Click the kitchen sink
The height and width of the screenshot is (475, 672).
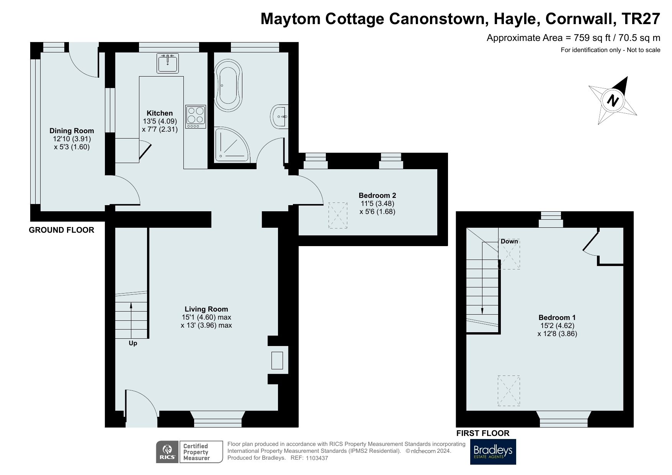point(167,63)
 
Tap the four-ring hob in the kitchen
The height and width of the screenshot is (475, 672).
point(196,116)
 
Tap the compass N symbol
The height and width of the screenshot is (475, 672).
point(613,100)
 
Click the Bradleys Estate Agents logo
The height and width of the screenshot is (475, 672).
point(493,452)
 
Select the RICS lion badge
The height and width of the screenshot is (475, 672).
point(167,452)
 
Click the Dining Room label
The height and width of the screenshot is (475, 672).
point(72,131)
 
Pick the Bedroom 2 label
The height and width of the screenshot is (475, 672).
point(377,195)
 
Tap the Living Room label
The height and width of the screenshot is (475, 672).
point(206,309)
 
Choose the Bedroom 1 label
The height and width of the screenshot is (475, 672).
point(557,317)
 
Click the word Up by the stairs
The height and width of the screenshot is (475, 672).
point(133,343)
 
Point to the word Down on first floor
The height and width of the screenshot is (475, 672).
point(509,241)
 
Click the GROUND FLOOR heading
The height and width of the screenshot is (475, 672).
point(62,230)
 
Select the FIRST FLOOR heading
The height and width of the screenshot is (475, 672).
point(482,433)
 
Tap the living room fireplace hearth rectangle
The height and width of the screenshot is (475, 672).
point(277,360)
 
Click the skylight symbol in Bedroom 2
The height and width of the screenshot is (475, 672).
point(338,215)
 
